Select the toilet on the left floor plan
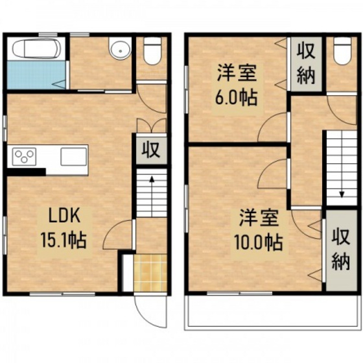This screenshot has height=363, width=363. click(152, 51)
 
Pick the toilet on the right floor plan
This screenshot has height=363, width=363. click(339, 51)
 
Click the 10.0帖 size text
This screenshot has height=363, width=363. click(256, 242)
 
